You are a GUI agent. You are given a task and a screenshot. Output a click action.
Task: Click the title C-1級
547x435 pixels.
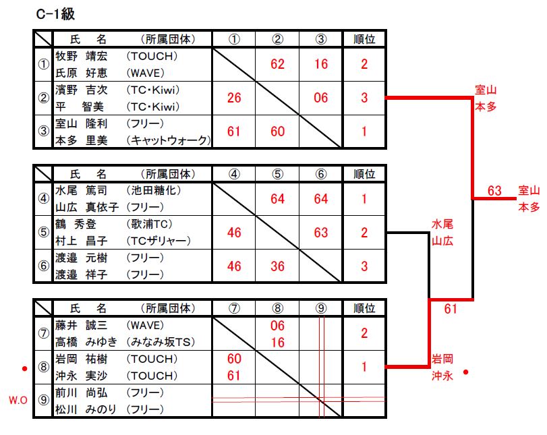click(55, 14)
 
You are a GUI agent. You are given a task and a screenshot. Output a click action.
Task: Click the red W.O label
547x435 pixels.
click(18, 400)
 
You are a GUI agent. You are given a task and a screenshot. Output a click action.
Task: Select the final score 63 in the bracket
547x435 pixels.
click(494, 191)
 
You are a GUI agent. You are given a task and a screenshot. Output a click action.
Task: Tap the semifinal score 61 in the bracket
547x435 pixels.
click(451, 309)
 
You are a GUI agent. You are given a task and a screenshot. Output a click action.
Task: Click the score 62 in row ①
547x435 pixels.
click(277, 64)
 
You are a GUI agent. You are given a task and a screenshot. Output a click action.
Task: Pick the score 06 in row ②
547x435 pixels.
click(320, 98)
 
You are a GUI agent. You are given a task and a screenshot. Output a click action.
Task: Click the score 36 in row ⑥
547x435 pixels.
click(277, 266)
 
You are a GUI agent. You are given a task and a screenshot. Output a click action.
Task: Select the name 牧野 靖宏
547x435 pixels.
click(82, 56)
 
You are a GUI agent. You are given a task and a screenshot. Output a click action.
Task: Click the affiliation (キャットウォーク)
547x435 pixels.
click(169, 140)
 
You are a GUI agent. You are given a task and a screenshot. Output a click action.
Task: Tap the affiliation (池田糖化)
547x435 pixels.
click(154, 190)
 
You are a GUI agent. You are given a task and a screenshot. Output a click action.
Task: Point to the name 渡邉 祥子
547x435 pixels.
click(82, 274)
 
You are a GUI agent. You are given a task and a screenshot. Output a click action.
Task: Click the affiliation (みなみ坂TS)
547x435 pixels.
click(161, 342)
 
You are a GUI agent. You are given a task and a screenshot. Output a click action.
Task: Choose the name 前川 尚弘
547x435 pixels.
click(82, 393)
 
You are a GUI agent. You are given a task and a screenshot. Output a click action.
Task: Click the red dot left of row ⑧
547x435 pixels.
click(24, 368)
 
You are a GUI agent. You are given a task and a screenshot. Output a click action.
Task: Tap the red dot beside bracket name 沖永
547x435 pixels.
click(465, 372)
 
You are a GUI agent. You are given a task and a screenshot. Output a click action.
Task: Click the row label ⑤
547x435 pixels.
click(43, 232)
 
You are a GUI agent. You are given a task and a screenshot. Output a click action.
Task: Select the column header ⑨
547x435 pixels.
click(321, 308)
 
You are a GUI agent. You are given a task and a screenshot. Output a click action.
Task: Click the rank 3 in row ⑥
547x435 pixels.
click(364, 266)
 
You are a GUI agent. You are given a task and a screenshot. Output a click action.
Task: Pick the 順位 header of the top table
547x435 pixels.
click(364, 39)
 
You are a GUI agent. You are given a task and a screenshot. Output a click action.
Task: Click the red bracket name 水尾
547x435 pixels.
click(442, 225)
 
